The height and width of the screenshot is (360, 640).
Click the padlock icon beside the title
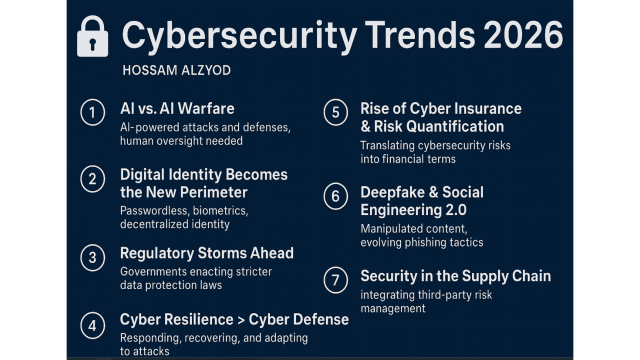coord(92,36)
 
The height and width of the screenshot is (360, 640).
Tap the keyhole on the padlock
coord(92,44)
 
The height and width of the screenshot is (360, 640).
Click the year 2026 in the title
coord(523,35)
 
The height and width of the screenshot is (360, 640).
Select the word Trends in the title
coord(420,35)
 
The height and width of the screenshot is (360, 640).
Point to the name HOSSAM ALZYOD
coord(176,70)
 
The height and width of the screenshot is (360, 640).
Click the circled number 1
coord(92,112)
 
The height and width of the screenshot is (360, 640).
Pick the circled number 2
coord(92,179)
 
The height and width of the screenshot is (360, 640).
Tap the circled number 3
coord(92,257)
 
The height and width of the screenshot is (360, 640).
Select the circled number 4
coord(92,325)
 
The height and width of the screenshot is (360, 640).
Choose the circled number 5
coord(335,112)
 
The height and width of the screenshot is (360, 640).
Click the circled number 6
coord(335,196)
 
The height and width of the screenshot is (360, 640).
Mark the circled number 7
coord(335,280)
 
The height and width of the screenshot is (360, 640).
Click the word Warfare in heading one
coord(205,108)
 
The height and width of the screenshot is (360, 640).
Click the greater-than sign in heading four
coord(241,320)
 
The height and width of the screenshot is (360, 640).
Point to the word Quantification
coord(455,126)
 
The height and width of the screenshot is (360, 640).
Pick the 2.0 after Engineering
coord(456,210)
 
